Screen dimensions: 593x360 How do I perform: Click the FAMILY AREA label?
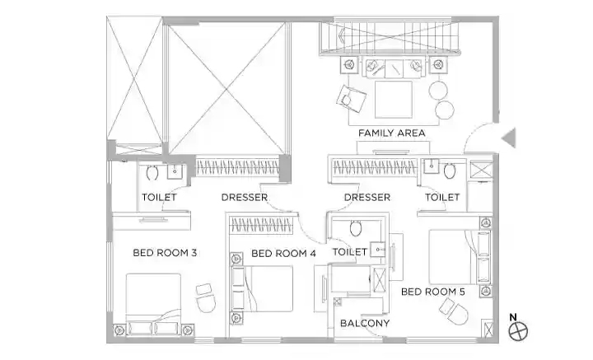point(391,133)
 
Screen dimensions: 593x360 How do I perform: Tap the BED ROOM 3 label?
point(165,253)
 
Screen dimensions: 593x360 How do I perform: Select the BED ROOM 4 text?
point(283,254)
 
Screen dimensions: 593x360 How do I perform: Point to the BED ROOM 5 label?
point(433,292)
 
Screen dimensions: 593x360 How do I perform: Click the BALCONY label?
point(365,323)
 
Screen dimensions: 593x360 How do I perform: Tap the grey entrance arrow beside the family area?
point(509,138)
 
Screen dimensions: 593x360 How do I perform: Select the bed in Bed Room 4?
point(262,288)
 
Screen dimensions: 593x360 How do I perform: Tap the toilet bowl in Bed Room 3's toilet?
point(152,172)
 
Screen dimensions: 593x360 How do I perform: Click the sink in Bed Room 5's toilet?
point(431,166)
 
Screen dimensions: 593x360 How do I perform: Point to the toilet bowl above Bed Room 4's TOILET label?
point(356,228)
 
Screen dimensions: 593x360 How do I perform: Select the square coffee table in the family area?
point(394,100)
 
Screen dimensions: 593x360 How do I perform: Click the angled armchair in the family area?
point(352,98)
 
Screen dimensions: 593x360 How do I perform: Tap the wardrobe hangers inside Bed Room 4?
point(262,226)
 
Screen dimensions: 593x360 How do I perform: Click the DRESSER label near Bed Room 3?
point(245,198)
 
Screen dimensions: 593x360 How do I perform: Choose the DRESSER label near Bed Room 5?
point(367,198)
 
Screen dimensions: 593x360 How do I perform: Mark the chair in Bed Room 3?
point(206,298)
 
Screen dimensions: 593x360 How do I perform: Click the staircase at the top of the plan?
point(389,37)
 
